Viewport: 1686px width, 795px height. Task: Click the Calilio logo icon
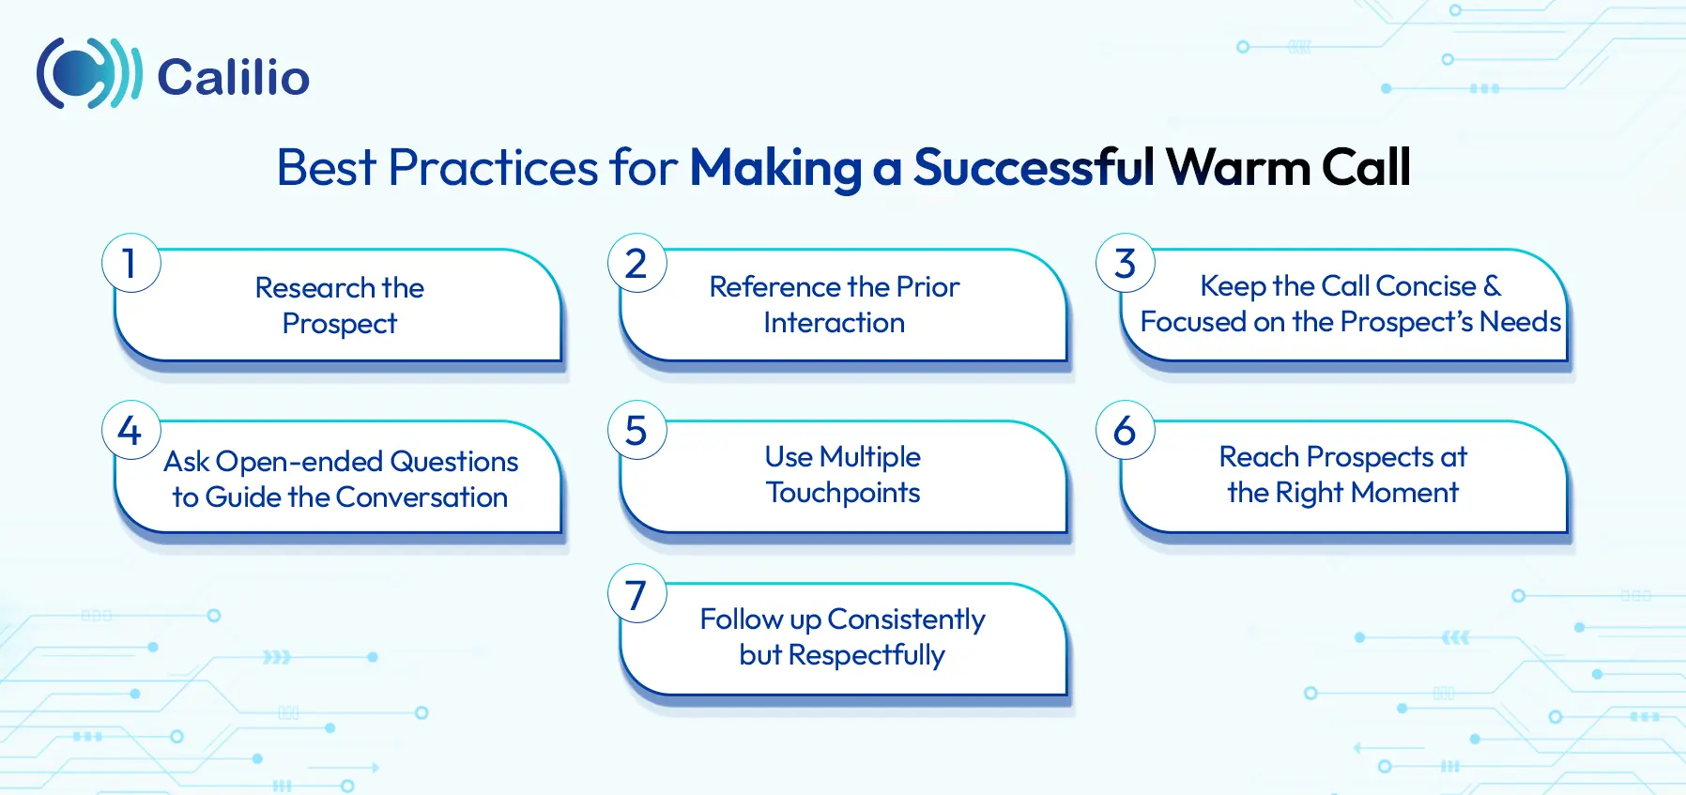click(x=88, y=74)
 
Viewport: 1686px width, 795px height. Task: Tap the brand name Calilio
click(x=233, y=77)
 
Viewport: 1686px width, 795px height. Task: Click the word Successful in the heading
click(x=1034, y=168)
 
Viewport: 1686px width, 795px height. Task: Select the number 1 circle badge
click(x=131, y=264)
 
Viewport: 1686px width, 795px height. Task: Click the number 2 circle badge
click(x=636, y=264)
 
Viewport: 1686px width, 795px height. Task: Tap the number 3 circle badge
click(x=1125, y=264)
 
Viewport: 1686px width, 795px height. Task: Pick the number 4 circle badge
click(x=130, y=431)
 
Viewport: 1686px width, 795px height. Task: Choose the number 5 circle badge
click(x=636, y=431)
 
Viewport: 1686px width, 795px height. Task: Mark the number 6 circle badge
click(x=1125, y=431)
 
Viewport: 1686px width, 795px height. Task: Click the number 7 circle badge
click(x=636, y=594)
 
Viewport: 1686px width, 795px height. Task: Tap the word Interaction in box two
click(x=834, y=323)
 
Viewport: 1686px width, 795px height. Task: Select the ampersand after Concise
click(x=1492, y=285)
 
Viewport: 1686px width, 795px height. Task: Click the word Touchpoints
click(x=843, y=493)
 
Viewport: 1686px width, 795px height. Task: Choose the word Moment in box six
click(x=1404, y=493)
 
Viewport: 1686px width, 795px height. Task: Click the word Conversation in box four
click(x=421, y=497)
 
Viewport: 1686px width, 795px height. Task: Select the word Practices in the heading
click(x=493, y=168)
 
